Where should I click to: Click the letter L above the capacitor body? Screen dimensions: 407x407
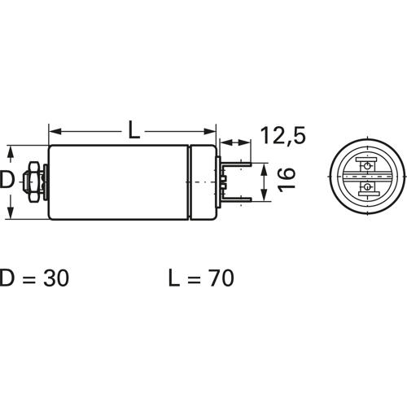click(x=133, y=129)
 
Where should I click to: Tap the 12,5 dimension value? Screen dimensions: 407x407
click(x=282, y=135)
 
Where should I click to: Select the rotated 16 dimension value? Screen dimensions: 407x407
click(x=287, y=180)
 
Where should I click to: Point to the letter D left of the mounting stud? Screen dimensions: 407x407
click(x=7, y=180)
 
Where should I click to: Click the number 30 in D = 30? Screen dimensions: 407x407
click(x=56, y=278)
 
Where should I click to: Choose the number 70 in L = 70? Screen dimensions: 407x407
click(x=221, y=278)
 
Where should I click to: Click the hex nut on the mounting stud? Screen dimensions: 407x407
click(x=33, y=182)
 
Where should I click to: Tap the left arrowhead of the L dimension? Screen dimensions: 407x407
click(x=55, y=132)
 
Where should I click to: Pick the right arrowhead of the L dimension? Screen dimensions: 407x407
click(x=210, y=132)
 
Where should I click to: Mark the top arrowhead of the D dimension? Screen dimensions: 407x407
click(x=10, y=152)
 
